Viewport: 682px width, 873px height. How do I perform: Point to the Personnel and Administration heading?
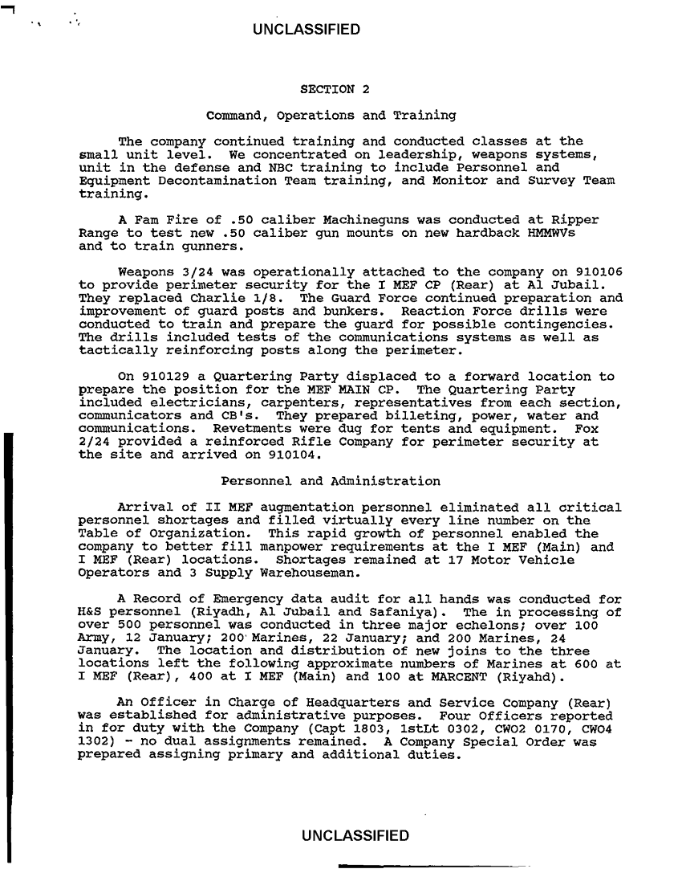[330, 482]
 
